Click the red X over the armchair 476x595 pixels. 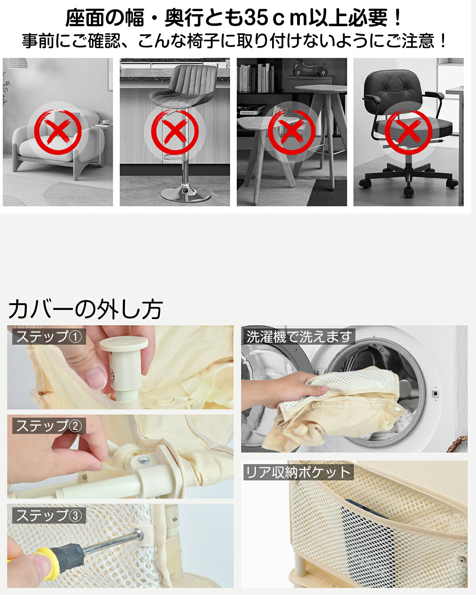coord(58,132)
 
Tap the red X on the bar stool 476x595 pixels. coord(175,132)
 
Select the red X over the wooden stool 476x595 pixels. coord(292,132)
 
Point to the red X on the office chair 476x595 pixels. coord(409,132)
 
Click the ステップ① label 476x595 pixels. coord(49,336)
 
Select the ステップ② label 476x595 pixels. coord(49,426)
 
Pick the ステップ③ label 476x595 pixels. coord(49,515)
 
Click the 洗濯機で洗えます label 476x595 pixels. coord(298,336)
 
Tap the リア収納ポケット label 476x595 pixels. coord(298,472)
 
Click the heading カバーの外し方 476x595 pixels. coord(86,309)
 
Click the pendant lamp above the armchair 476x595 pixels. coord(17,63)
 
